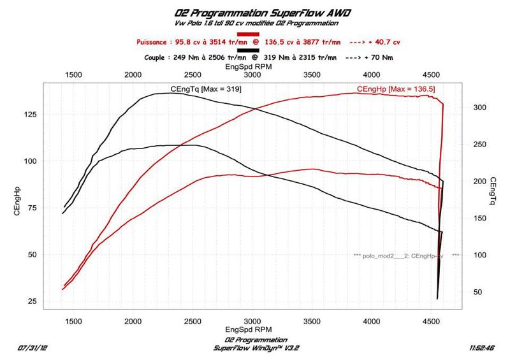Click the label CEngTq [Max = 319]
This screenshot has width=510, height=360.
[206, 89]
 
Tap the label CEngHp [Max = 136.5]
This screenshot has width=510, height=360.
[396, 89]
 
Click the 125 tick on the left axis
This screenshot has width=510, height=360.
[29, 114]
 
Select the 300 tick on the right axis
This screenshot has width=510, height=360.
[480, 108]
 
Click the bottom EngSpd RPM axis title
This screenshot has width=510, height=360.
[252, 330]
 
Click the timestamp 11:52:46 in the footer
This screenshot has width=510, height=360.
[482, 349]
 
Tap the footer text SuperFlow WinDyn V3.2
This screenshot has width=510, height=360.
[251, 348]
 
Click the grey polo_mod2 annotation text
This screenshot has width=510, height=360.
[401, 255]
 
